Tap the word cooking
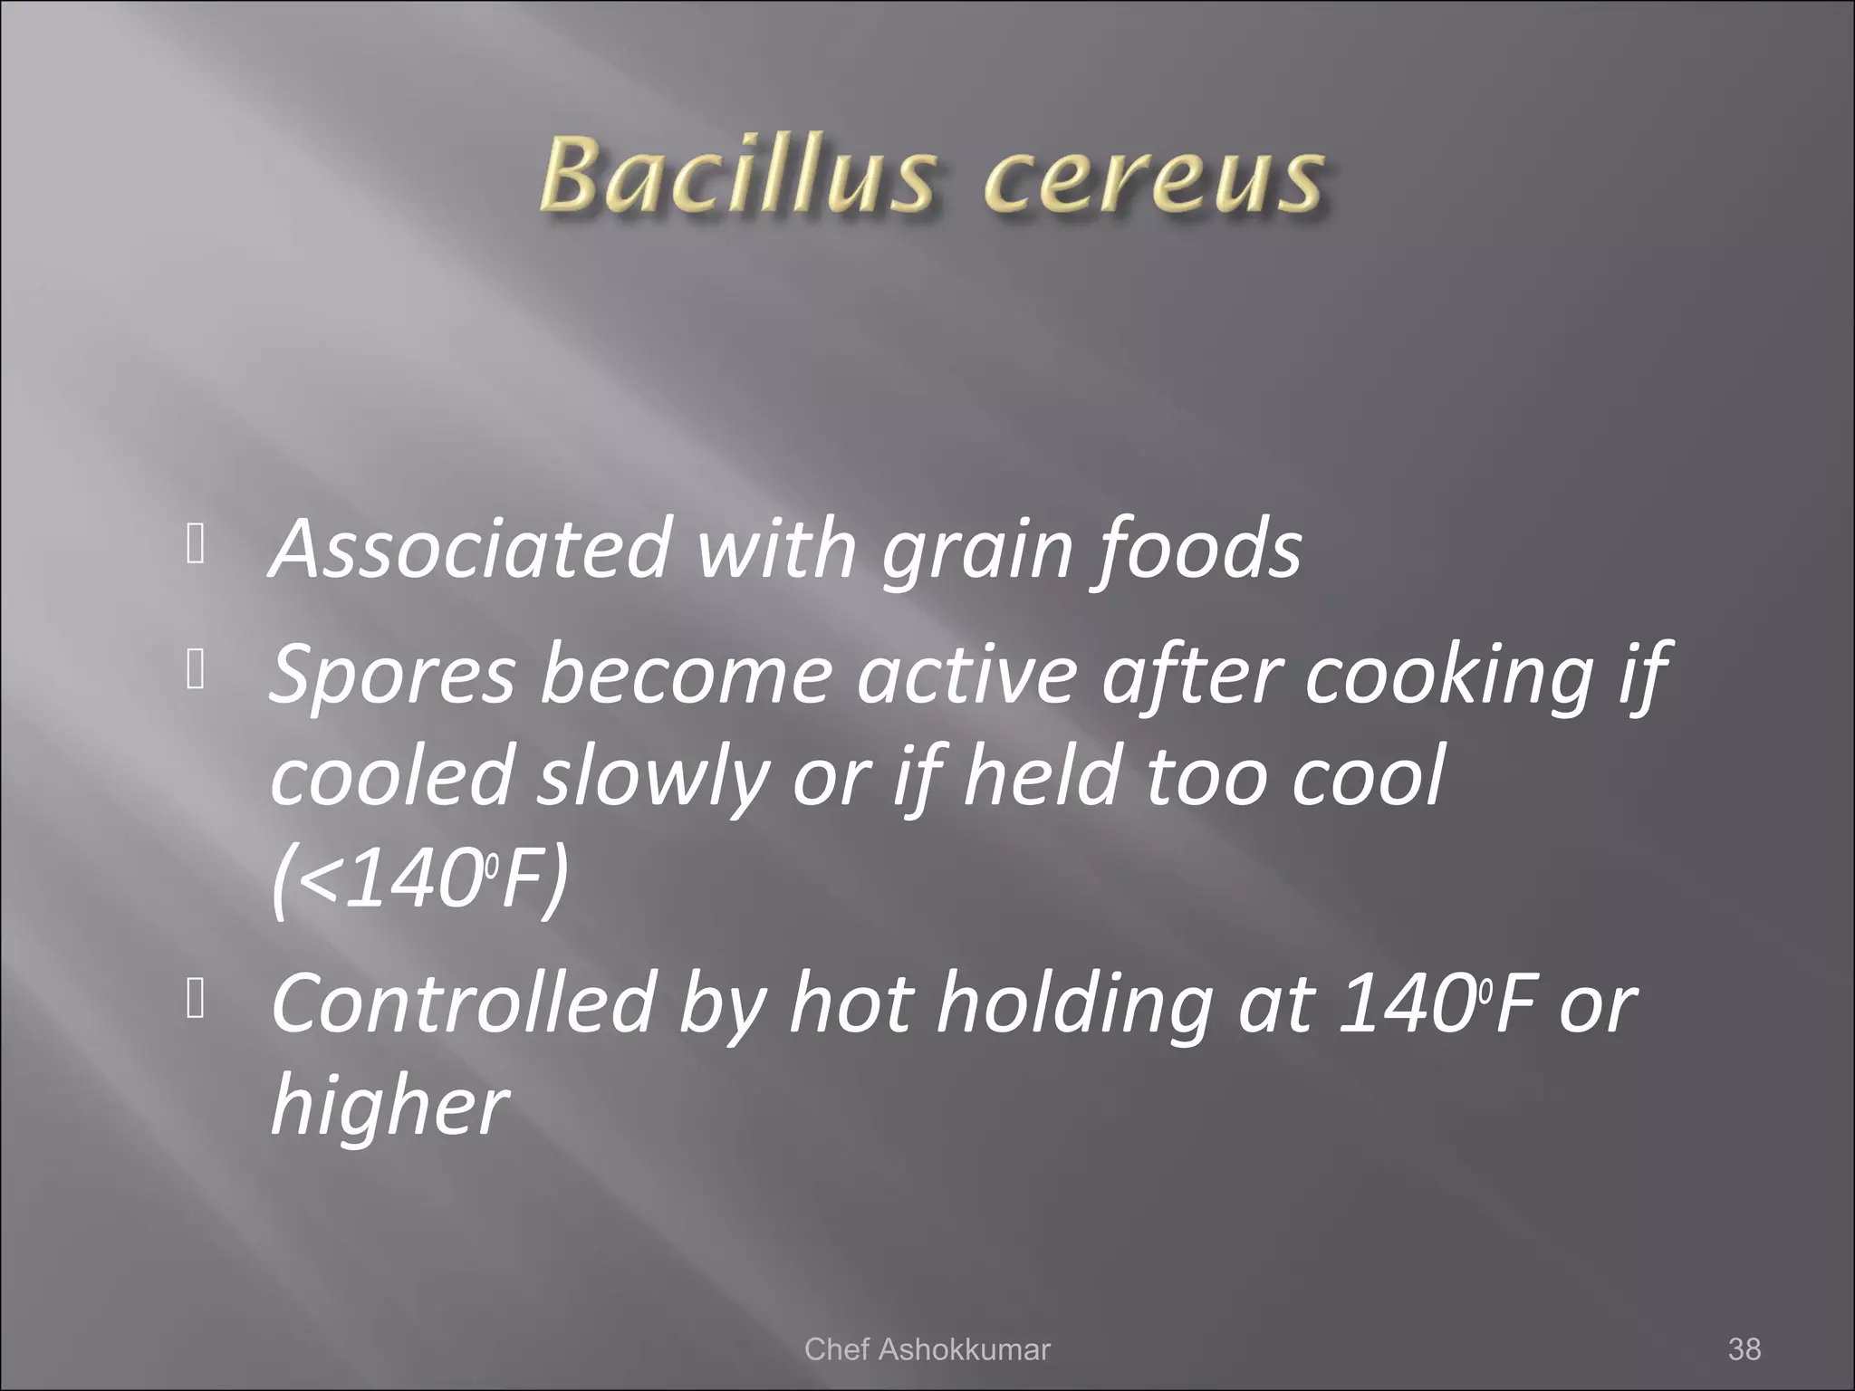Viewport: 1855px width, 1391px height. [x=1447, y=676]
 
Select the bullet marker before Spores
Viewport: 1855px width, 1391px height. [x=193, y=672]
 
